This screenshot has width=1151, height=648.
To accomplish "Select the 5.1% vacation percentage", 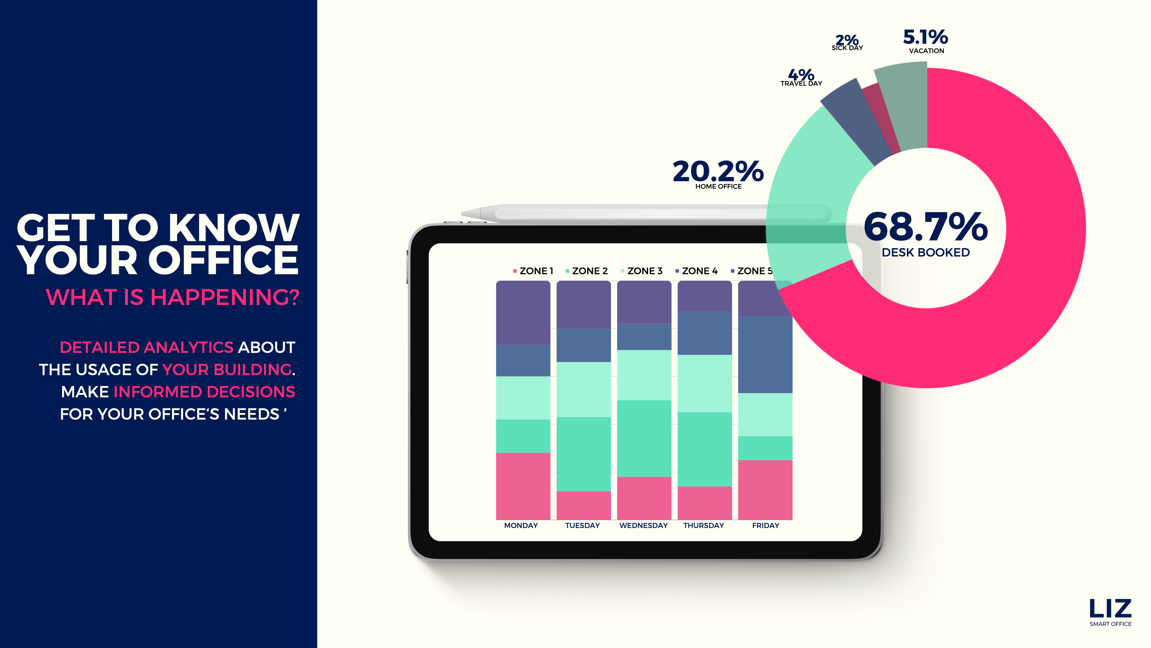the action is click(925, 37).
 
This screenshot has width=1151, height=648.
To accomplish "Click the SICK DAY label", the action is click(847, 48).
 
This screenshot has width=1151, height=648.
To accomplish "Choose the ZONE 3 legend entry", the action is click(642, 271).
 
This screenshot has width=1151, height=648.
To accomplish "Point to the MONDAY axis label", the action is click(521, 526).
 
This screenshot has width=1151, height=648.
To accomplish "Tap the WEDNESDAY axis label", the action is click(643, 526).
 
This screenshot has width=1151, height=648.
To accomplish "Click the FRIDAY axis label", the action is click(765, 526).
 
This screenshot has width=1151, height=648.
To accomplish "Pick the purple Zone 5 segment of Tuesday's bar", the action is click(583, 305).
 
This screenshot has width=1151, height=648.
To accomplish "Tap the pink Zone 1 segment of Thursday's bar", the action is click(705, 503).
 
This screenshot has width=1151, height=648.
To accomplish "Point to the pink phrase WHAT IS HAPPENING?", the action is click(172, 297).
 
